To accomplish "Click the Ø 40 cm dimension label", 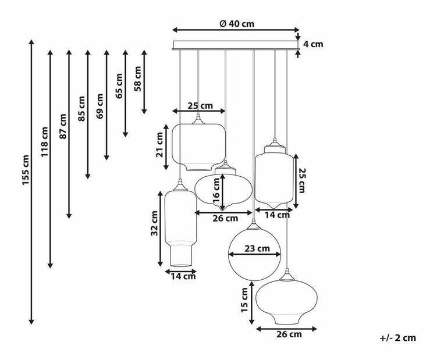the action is [237, 24].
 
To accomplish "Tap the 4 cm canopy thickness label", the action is [313, 44].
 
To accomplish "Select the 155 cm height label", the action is [26, 170].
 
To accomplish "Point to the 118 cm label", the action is [45, 141].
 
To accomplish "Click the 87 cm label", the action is [63, 126].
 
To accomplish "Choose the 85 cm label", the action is [81, 109].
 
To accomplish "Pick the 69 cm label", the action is [100, 106].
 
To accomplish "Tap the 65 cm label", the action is [119, 86].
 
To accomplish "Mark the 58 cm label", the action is [138, 79].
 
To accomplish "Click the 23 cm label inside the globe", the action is [257, 248].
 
